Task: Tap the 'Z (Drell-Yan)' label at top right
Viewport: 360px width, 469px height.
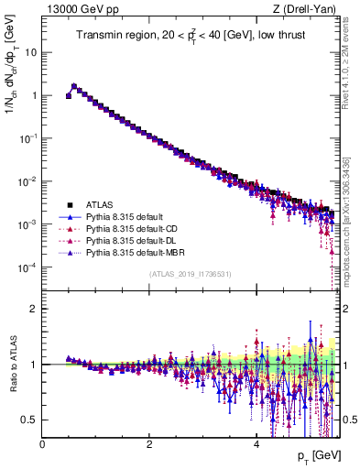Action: (308, 9)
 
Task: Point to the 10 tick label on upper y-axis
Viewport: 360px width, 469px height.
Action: (30, 52)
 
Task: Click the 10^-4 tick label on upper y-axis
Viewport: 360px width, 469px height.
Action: (28, 267)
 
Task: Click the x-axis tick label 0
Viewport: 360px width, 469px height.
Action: (42, 443)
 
